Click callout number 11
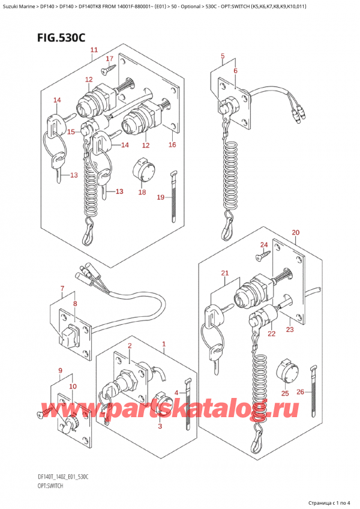94,50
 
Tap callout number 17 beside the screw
110,59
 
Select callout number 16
172,145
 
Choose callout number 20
295,233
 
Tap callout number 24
263,245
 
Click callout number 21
224,274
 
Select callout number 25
285,393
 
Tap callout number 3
160,426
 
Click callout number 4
176,394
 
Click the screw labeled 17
107,71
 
